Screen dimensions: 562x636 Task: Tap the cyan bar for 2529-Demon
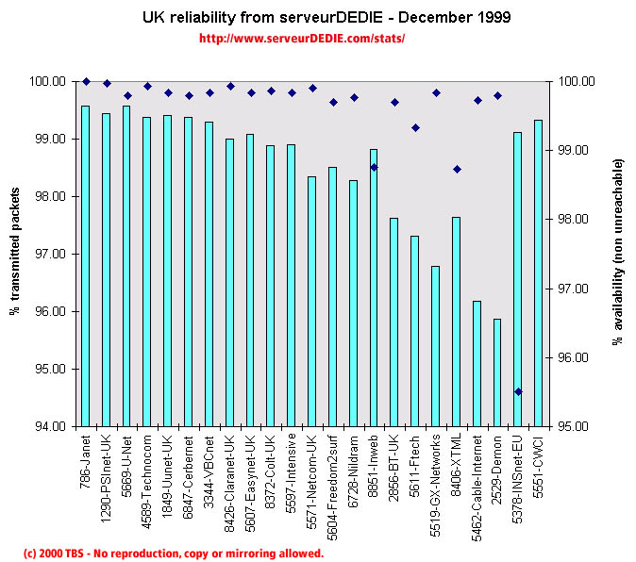pyautogui.click(x=497, y=372)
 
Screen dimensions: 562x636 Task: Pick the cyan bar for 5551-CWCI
pyautogui.click(x=538, y=273)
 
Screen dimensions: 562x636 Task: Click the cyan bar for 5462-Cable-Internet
pyautogui.click(x=477, y=363)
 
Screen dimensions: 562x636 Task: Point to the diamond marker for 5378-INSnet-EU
pyautogui.click(x=518, y=391)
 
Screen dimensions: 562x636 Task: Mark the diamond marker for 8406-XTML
pyautogui.click(x=457, y=170)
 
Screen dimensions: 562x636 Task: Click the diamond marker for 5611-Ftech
pyautogui.click(x=415, y=127)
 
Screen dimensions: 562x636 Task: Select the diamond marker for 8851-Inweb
pyautogui.click(x=374, y=167)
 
